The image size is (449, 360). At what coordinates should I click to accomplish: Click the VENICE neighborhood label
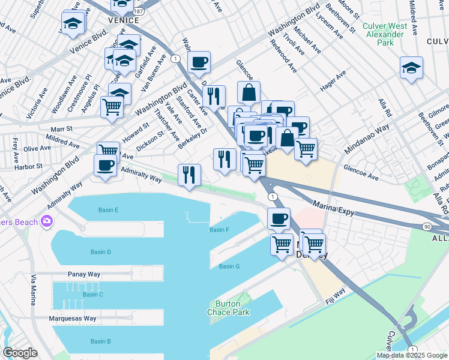(123, 20)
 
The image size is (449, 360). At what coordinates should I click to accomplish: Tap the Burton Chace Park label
(228, 308)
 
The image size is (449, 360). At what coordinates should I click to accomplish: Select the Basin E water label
(108, 210)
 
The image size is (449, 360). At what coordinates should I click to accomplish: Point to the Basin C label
(93, 294)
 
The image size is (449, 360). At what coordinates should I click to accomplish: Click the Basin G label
(229, 266)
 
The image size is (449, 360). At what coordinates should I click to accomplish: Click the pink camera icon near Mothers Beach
(46, 222)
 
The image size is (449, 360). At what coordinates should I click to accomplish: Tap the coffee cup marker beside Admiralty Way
(105, 166)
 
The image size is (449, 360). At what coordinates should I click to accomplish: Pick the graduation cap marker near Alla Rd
(411, 68)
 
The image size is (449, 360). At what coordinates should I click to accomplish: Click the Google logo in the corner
(20, 352)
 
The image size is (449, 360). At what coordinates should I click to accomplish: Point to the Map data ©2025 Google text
(411, 355)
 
